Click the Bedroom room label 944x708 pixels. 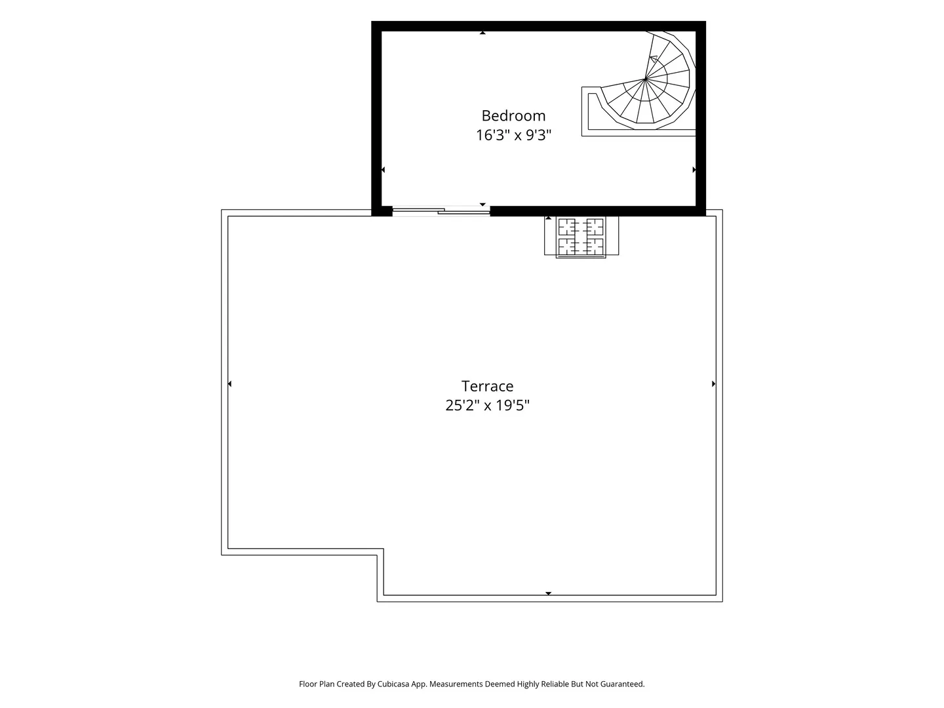tap(513, 115)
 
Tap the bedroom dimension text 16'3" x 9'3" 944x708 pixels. tap(513, 135)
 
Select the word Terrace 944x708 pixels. tap(487, 386)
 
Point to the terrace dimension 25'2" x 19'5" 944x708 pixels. tap(487, 405)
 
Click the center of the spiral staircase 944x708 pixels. tap(645, 79)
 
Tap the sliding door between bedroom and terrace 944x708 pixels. tap(441, 210)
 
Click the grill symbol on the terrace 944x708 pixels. tap(581, 237)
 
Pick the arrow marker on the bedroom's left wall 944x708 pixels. tap(383, 170)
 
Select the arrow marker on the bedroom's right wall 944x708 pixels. tap(694, 170)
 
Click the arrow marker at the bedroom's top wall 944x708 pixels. tap(482, 33)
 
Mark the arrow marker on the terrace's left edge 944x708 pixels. tap(229, 383)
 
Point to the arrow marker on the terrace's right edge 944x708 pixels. tap(713, 383)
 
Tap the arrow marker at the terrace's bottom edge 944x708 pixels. tap(548, 593)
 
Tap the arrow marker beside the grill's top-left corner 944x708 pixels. tap(548, 218)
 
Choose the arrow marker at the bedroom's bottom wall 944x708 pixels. tap(482, 205)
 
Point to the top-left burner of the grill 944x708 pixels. tap(567, 226)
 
